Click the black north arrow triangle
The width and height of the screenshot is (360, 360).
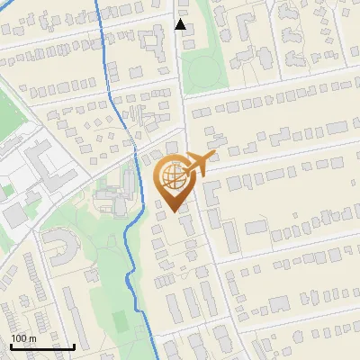[180, 25]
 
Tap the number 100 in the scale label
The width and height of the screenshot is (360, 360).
[19, 337]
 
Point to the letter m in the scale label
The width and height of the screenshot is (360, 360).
[31, 337]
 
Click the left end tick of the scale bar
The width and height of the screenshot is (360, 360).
[11, 345]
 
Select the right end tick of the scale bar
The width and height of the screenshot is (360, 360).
[74, 345]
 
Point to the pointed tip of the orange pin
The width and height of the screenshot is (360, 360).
[175, 211]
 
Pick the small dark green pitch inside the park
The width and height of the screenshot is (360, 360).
[121, 319]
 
